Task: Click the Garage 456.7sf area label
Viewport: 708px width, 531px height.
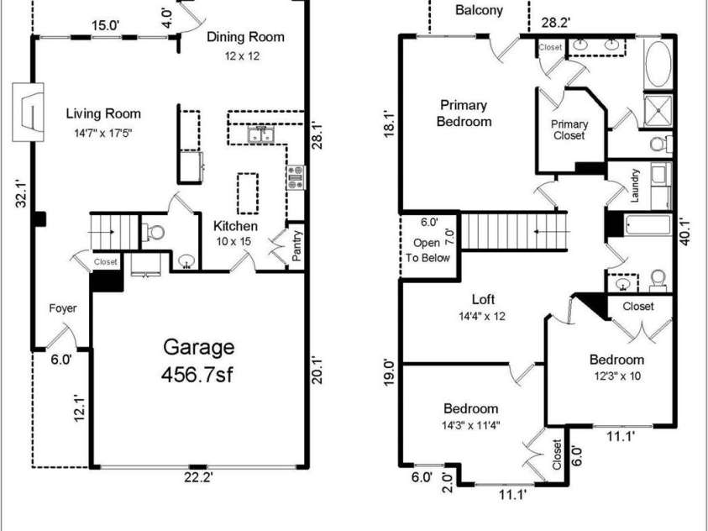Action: tap(198, 360)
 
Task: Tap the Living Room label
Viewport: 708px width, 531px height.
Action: tap(104, 113)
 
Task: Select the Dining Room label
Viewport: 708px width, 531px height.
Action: tap(245, 37)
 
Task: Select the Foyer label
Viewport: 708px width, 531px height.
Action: tap(62, 308)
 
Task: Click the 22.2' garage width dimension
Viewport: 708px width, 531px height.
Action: tap(198, 478)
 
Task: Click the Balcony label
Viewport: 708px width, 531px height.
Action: tap(480, 11)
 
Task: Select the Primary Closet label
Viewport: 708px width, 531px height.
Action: tap(569, 129)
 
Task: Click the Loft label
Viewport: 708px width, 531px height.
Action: tap(483, 299)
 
